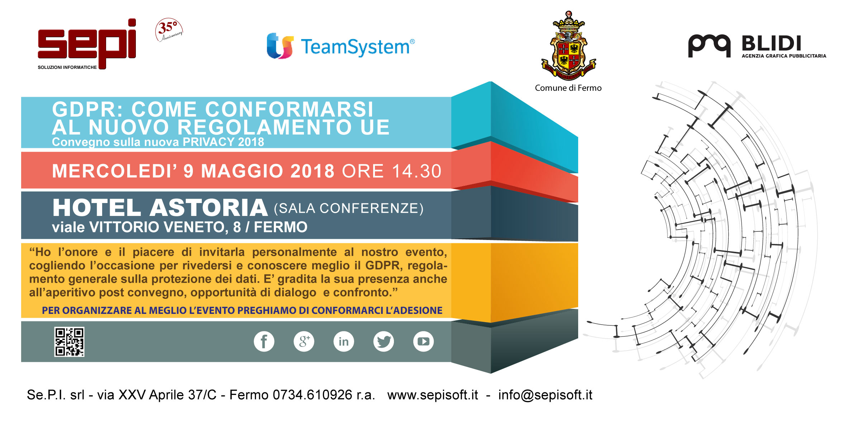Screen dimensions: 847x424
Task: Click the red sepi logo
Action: click(x=87, y=43)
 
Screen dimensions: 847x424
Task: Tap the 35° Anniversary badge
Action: click(x=169, y=30)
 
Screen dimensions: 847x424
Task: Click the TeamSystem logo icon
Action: click(x=280, y=46)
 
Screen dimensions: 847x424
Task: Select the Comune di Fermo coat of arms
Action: click(x=568, y=46)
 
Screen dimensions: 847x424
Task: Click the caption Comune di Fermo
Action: click(x=568, y=88)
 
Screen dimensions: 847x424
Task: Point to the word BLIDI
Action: click(x=771, y=44)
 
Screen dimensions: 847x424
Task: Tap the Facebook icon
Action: click(x=264, y=341)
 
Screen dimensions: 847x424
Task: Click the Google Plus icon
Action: click(x=304, y=341)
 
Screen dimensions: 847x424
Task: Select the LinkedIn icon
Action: click(x=344, y=341)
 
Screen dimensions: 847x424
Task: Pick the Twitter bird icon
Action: click(x=384, y=341)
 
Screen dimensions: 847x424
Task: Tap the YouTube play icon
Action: click(x=423, y=341)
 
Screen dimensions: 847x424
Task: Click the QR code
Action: click(x=69, y=342)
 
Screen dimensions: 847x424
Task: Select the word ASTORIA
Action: click(x=209, y=208)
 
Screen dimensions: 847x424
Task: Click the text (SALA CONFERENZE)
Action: click(x=349, y=208)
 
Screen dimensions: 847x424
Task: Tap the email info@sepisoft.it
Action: click(x=545, y=395)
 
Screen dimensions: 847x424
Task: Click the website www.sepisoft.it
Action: click(x=433, y=395)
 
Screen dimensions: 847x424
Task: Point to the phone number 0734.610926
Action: click(x=313, y=395)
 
